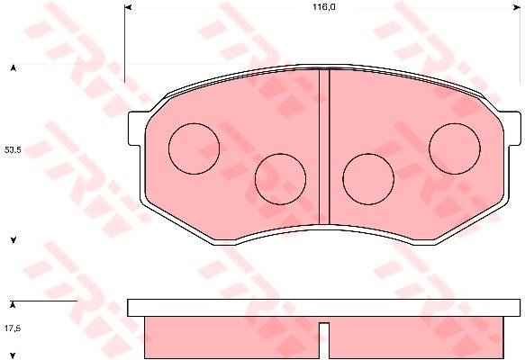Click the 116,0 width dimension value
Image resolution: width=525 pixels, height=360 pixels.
(x=324, y=7)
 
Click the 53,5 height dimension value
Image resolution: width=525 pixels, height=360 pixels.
(x=13, y=150)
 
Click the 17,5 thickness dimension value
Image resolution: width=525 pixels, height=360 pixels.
(x=13, y=328)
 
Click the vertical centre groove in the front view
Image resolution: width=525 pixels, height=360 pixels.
(x=324, y=147)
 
